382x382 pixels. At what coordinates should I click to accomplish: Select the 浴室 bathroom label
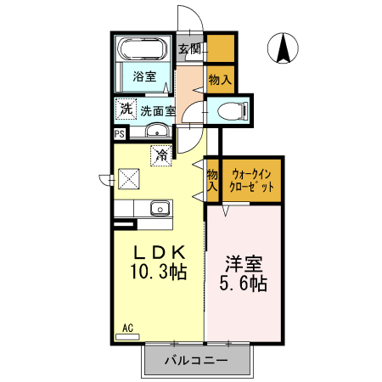[144, 77]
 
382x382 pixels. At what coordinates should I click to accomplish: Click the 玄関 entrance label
[188, 48]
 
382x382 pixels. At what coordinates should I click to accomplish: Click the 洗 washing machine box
[125, 109]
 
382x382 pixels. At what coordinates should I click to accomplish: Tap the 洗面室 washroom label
[157, 110]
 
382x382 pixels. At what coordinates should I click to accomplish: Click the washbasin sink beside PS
[156, 132]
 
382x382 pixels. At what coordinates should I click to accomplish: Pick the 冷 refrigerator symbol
[160, 154]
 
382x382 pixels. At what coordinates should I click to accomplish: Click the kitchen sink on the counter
[160, 207]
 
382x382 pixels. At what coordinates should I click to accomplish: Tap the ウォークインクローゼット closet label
[250, 179]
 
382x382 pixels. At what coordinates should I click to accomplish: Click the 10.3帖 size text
[158, 273]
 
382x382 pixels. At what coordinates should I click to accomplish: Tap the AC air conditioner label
[127, 328]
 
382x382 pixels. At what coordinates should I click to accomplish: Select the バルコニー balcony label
[196, 360]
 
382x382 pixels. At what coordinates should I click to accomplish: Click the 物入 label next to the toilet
[219, 79]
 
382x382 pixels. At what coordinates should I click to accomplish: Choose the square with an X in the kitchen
[129, 178]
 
